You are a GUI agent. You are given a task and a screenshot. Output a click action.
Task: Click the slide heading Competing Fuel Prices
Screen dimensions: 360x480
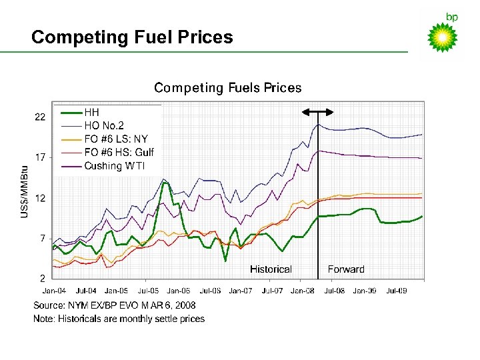click(132, 37)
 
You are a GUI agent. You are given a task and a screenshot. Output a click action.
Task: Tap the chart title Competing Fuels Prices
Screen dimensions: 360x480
click(227, 88)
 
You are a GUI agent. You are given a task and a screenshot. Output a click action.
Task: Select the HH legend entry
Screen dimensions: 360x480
click(92, 113)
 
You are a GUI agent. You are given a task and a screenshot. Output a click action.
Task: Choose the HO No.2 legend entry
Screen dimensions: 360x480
click(103, 125)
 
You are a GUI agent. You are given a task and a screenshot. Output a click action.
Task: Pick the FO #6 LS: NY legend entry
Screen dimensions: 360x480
click(115, 139)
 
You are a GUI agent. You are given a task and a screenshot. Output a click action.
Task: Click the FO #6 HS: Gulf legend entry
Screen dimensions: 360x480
click(119, 152)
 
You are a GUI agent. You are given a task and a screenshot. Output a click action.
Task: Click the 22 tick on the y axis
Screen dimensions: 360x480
click(41, 117)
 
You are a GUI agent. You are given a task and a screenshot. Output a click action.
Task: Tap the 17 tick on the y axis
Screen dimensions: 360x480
click(41, 158)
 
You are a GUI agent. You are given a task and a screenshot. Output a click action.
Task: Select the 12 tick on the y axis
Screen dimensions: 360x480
click(41, 198)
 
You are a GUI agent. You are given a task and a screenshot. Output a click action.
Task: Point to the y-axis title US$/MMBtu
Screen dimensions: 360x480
click(25, 191)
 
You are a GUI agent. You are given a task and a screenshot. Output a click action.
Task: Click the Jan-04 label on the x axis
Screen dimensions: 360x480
click(54, 291)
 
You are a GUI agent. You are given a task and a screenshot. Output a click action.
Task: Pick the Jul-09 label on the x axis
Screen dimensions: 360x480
click(397, 291)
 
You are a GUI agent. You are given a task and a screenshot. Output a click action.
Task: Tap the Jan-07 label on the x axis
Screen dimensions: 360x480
click(240, 291)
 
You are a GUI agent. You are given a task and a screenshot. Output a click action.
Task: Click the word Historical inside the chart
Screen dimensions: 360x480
click(271, 269)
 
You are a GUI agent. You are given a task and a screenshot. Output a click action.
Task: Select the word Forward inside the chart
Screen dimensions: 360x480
click(346, 269)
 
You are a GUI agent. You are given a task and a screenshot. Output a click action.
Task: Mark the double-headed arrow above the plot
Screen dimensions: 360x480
click(318, 111)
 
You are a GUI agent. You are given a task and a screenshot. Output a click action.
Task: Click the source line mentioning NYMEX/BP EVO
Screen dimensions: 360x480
click(115, 305)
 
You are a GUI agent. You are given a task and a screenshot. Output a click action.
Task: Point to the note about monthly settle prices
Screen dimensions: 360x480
click(119, 319)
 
